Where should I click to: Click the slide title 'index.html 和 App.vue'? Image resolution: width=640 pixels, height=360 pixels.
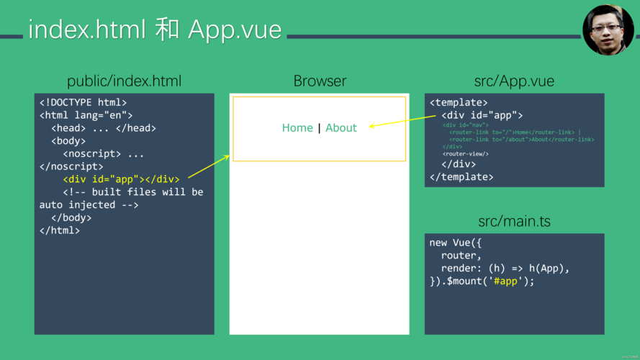coord(155,30)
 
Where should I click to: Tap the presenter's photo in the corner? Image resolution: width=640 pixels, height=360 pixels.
coord(608,30)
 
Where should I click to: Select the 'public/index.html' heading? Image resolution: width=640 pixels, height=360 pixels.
coord(124,81)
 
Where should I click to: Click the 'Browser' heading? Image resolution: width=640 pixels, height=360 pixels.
coord(320,81)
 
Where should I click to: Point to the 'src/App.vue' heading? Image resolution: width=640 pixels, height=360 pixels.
coord(514,81)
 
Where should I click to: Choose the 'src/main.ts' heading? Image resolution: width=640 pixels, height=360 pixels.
coord(514,221)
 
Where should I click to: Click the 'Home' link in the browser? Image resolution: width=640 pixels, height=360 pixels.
coord(297,128)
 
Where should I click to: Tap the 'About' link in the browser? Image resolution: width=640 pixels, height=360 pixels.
coord(341,128)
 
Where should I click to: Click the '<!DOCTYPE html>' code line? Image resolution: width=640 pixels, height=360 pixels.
coord(83,103)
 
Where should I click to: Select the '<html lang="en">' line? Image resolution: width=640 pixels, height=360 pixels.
coord(86,115)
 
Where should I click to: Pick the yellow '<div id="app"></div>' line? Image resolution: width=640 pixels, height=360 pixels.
coord(121,179)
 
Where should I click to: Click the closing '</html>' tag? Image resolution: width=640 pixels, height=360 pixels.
coord(60,230)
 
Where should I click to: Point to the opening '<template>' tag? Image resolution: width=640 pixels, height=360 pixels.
coord(459,103)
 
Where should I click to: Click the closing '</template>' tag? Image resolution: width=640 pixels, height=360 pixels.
coord(461,176)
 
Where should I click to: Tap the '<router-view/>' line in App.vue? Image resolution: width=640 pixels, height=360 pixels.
coord(466,153)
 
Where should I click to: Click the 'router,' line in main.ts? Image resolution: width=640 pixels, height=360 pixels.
coord(461,256)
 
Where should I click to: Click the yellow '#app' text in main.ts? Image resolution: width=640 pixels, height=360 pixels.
coord(506,281)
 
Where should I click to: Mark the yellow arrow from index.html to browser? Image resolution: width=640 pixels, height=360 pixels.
coord(209,166)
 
